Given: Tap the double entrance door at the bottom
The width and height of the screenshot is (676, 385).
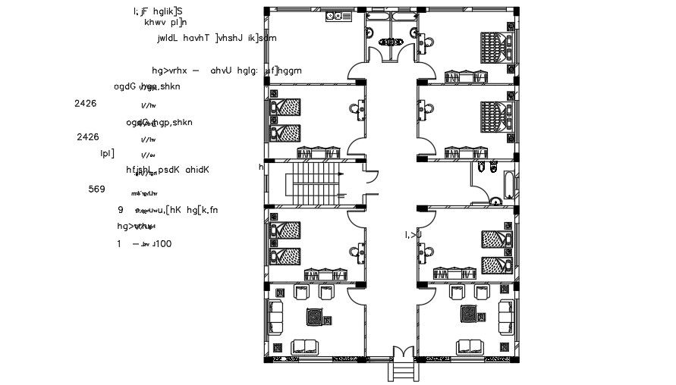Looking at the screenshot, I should tap(401, 354).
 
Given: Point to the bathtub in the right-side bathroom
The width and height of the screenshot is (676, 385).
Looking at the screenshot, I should tap(505, 181).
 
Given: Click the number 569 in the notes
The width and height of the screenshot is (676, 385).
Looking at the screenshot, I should tap(97, 189).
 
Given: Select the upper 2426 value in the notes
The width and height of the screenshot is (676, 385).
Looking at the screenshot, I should tap(86, 103).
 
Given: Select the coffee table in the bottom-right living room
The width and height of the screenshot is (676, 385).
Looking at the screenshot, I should tap(470, 312).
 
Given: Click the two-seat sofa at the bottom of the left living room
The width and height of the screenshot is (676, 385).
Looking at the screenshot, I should tap(308, 346).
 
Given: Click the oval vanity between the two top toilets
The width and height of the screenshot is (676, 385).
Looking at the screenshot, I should tap(392, 43).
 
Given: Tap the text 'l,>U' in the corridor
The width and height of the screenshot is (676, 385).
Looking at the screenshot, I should tap(413, 235).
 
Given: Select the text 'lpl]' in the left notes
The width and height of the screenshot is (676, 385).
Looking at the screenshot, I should tap(108, 153).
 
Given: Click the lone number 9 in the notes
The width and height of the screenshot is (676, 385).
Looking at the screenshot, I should tap(121, 209).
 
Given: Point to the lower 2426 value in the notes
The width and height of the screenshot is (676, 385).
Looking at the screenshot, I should tap(88, 137).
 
